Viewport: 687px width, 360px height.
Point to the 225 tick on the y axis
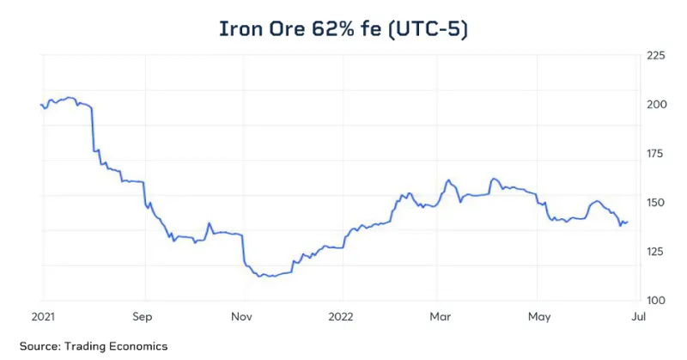tap(655, 56)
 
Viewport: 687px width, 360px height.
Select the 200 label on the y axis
tap(655, 105)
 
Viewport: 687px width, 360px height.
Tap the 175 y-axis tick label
tap(655, 154)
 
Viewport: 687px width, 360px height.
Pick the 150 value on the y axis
tap(655, 203)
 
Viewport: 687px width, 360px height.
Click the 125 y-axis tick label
tap(655, 252)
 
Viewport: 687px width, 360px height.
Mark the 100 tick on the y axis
tap(655, 301)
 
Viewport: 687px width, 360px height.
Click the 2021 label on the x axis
tap(44, 315)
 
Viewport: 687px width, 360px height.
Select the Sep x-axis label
tap(143, 315)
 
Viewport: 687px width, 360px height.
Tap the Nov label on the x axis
tap(242, 315)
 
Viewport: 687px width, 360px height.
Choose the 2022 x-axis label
tap(341, 315)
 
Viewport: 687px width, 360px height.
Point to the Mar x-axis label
tap(440, 315)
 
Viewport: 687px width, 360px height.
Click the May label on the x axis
tap(538, 315)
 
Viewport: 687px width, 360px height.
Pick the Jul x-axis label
tap(637, 315)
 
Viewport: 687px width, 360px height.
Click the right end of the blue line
tap(628, 222)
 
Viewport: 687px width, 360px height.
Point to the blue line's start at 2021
tap(41, 105)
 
